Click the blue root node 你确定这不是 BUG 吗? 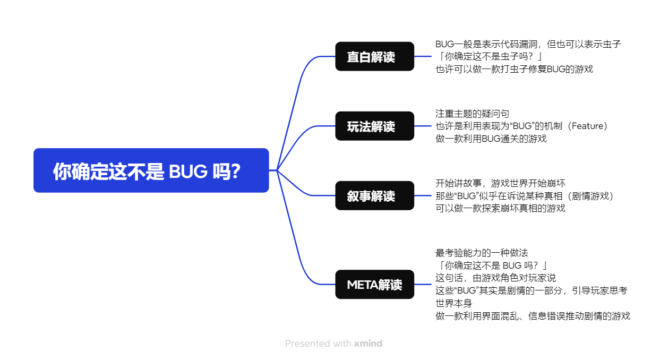pos(151,170)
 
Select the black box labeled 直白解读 pos(374,56)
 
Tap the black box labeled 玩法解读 pos(374,126)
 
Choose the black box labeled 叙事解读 pos(374,195)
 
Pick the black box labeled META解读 pos(374,284)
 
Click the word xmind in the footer pos(368,344)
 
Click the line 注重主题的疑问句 pos(472,114)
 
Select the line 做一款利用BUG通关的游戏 pos(491,139)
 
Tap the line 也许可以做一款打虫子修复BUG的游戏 pos(514,69)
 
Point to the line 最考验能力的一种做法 pos(482,253)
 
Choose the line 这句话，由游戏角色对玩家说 pos(495,278)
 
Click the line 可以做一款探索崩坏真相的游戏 pos(500,208)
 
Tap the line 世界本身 pos(453,303)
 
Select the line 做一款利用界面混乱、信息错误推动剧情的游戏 pos(533,316)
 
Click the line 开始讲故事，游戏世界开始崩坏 pos(500,183)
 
